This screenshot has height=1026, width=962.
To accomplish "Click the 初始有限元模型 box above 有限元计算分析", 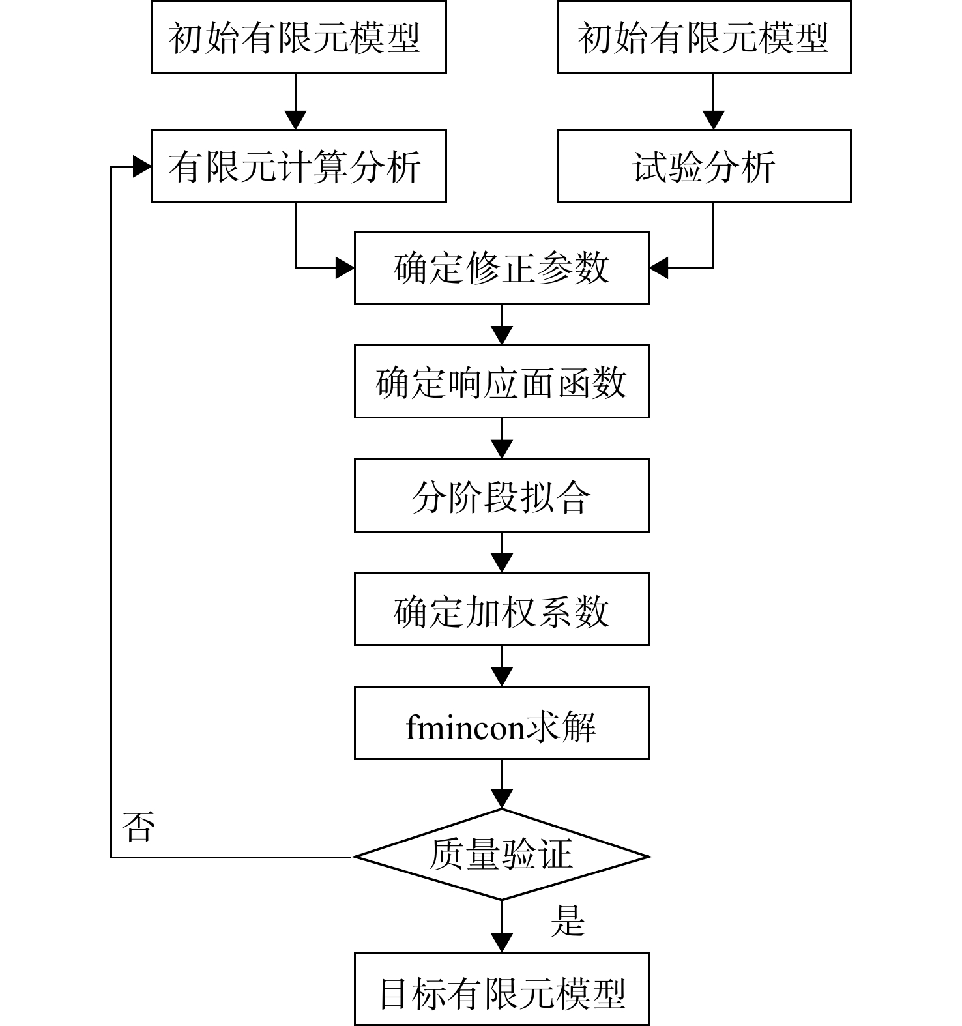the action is point(299,37).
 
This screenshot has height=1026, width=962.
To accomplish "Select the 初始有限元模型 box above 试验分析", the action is point(704,37).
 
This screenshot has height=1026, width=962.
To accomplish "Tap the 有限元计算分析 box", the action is point(299,166).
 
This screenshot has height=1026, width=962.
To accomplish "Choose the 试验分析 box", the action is point(704,166).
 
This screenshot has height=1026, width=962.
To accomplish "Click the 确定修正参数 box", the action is point(501,268).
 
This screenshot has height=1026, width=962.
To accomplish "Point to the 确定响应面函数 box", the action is point(501,381).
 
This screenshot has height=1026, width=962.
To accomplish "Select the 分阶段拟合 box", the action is point(501,495).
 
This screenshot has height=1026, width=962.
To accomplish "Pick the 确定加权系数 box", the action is point(501,609).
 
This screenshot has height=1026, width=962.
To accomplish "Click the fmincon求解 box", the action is point(501,723).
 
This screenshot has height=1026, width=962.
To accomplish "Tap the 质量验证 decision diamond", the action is point(501,855).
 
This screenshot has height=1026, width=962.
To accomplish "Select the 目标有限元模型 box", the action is point(501,989).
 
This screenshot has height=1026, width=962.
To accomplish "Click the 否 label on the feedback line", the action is point(138,827).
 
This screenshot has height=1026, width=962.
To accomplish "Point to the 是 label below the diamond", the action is point(567,921).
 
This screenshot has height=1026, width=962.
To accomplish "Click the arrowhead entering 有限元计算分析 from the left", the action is point(142,166).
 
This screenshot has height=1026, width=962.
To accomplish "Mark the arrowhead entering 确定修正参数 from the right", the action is point(659,268).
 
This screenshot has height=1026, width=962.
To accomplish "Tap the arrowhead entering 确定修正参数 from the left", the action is point(345,268).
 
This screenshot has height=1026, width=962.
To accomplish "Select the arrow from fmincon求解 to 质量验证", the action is point(501,784).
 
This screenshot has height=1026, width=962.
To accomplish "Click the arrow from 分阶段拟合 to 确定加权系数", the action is point(501,552).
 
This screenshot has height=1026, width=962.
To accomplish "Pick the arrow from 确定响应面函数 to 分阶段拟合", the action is point(501,438).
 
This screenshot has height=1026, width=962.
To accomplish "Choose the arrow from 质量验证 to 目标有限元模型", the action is point(501,926).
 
